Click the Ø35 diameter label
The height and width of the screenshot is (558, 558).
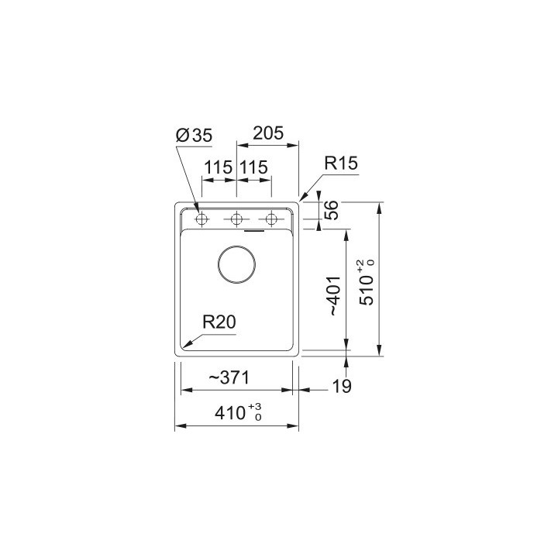(x=194, y=136)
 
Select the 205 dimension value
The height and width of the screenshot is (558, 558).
(x=267, y=133)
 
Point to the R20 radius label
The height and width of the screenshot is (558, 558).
(x=219, y=322)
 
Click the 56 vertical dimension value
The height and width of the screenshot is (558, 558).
(x=332, y=212)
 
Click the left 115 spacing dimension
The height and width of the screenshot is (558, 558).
(x=219, y=167)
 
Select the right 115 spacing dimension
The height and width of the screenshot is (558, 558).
(x=254, y=167)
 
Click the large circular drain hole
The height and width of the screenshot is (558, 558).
(x=236, y=265)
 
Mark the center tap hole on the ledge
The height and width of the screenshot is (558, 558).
(x=236, y=219)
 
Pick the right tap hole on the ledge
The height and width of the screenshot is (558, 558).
(x=270, y=219)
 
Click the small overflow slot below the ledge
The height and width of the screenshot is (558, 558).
(x=254, y=230)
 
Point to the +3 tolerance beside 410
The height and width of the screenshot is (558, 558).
(x=257, y=408)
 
